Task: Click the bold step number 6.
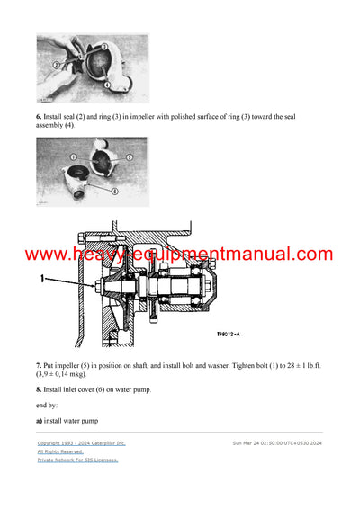(40, 116)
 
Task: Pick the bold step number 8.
(40, 389)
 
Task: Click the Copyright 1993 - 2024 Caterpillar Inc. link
(81, 443)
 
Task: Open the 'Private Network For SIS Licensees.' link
(77, 460)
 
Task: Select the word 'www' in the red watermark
(47, 255)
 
